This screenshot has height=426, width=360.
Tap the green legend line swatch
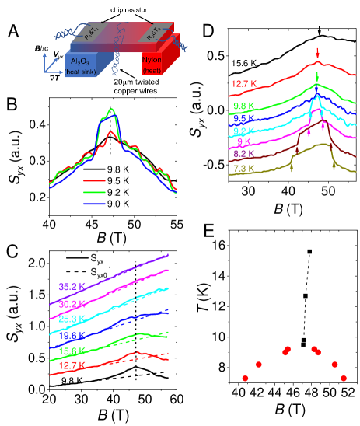94,192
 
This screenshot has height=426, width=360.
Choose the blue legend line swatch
94,204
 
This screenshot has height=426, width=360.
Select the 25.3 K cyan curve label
73,319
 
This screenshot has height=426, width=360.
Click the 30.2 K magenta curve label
73,303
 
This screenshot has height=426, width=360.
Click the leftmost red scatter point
245,378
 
